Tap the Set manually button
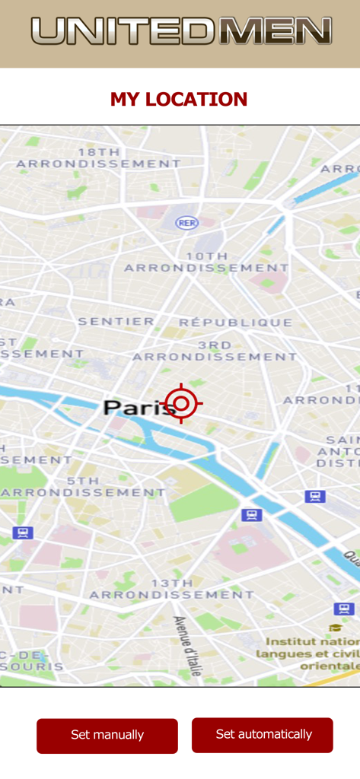click(x=107, y=735)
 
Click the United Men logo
click(x=181, y=31)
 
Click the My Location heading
click(x=179, y=99)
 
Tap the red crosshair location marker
click(x=181, y=403)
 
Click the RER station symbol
click(x=186, y=222)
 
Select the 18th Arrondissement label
click(x=99, y=157)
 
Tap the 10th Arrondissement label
click(x=206, y=262)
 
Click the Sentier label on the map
click(x=116, y=322)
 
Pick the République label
click(x=235, y=323)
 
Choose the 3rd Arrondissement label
click(x=215, y=351)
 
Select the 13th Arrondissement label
click(x=171, y=588)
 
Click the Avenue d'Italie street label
click(x=187, y=646)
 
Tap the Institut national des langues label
click(x=308, y=653)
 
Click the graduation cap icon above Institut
click(x=335, y=628)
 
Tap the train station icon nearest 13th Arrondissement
click(x=251, y=515)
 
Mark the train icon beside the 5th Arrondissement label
click(x=23, y=533)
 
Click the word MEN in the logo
click(x=275, y=31)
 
